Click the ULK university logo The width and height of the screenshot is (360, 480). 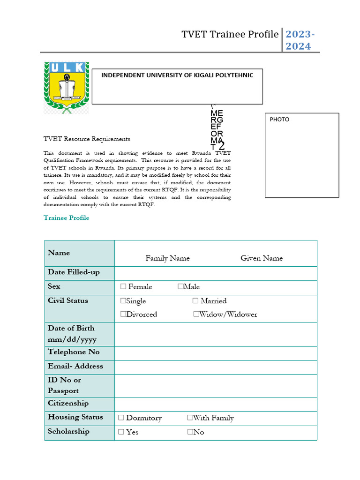[x=66, y=88]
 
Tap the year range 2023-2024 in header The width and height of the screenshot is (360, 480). [x=300, y=40]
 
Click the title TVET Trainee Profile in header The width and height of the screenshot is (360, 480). [x=230, y=35]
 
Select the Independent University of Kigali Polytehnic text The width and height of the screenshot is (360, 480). [x=177, y=75]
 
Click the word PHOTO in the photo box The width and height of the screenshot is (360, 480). [x=279, y=120]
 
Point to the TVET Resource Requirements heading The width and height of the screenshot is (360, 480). [x=87, y=139]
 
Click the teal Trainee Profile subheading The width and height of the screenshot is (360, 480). [x=66, y=218]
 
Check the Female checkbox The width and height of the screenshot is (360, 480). [x=123, y=287]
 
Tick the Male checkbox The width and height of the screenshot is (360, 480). [x=180, y=287]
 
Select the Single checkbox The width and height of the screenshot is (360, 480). [x=123, y=301]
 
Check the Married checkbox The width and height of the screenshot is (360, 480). [x=196, y=301]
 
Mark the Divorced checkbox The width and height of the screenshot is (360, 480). [x=123, y=315]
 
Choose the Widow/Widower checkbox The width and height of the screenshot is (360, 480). [x=196, y=315]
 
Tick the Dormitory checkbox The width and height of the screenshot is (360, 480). [x=121, y=418]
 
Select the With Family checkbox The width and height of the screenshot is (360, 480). [x=190, y=418]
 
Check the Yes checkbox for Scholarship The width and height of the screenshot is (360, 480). [x=121, y=432]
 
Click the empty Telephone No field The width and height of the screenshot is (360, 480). [x=216, y=353]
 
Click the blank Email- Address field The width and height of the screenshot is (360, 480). [x=216, y=367]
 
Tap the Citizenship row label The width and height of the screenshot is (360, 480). [x=68, y=403]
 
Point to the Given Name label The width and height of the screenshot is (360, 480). [x=262, y=258]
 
